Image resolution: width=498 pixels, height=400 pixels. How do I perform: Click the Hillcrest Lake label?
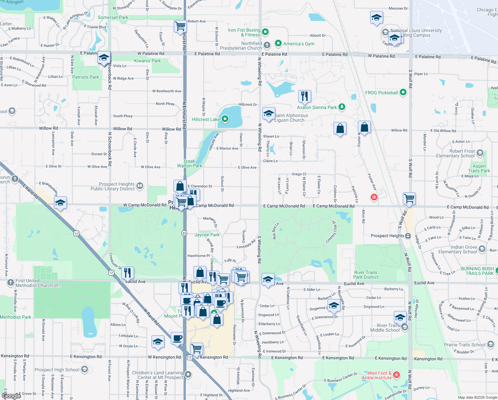point(205,119)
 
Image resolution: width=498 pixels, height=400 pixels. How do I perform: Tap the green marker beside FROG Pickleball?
point(403,92)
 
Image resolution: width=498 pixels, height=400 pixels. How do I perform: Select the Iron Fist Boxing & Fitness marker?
point(265,32)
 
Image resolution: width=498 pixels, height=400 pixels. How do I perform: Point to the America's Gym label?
point(299,44)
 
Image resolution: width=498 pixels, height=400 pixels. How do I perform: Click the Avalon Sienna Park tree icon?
point(342,107)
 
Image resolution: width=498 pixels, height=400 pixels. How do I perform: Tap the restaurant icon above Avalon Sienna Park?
point(305,96)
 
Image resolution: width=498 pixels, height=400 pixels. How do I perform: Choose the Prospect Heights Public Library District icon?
point(140,186)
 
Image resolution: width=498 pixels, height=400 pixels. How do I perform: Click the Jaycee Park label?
point(207,235)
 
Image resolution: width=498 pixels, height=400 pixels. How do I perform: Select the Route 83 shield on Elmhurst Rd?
point(184,233)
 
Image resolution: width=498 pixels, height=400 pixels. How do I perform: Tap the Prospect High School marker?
point(85,369)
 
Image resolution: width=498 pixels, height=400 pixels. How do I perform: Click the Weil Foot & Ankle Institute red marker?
point(396,375)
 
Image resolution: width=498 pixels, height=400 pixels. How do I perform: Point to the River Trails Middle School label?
point(385,328)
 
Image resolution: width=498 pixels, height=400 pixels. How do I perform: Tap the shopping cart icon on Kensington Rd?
point(197,349)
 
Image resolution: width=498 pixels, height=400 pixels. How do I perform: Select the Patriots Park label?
point(86,77)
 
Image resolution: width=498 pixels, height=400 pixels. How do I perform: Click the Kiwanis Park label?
point(147,61)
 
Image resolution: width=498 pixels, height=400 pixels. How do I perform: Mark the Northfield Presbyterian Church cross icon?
point(267,45)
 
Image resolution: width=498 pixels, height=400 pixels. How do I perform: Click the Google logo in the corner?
point(11,396)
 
